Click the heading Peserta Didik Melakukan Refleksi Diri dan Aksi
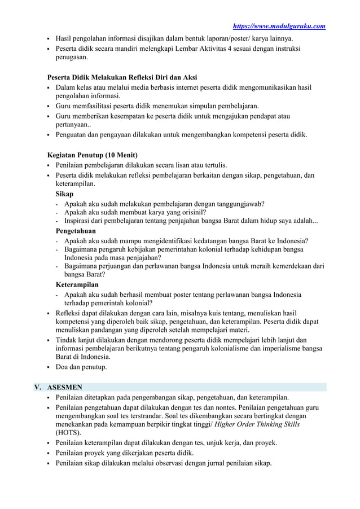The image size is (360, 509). point(122,77)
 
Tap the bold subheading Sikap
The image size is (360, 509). point(64,194)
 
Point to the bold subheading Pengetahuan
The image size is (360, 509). point(76,231)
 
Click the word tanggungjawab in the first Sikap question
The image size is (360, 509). point(234,203)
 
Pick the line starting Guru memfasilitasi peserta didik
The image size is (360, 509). point(157,106)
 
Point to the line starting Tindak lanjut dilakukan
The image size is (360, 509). point(181,340)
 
